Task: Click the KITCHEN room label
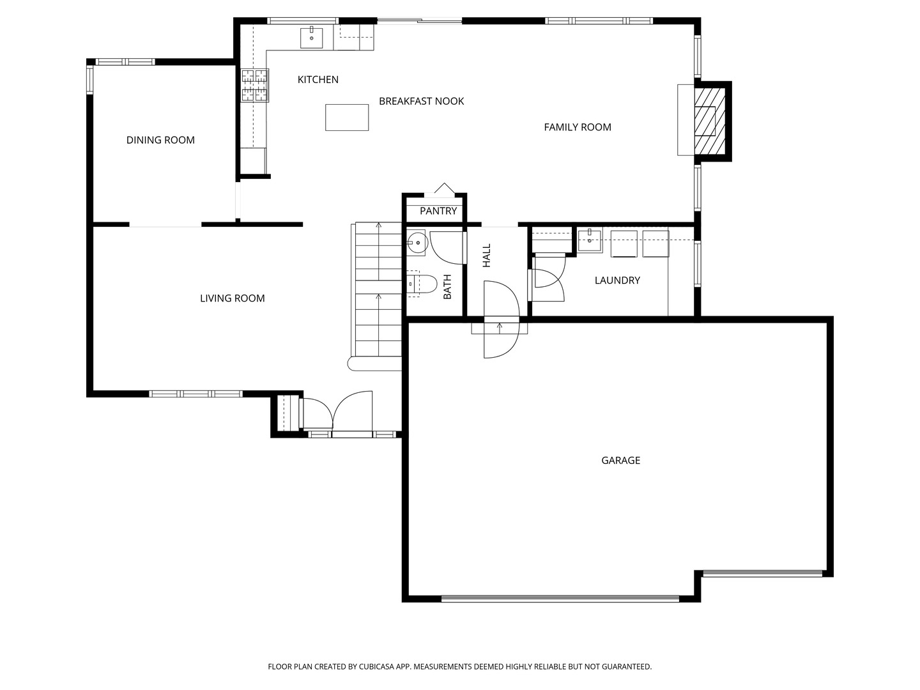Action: click(x=318, y=80)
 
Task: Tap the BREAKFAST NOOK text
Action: click(x=421, y=102)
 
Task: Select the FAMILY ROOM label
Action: click(x=578, y=127)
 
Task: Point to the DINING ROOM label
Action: click(x=160, y=141)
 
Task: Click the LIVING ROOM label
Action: click(x=232, y=298)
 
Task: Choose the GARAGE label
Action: click(x=621, y=461)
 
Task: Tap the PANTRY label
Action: click(x=438, y=211)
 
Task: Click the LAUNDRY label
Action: click(x=617, y=280)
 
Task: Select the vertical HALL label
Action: click(x=487, y=256)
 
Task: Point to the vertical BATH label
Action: click(x=448, y=287)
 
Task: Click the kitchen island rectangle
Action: click(x=347, y=118)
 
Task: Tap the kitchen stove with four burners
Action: click(x=254, y=86)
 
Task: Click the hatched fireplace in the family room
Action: click(x=710, y=121)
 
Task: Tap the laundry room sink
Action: click(x=590, y=241)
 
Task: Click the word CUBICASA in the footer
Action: click(x=377, y=666)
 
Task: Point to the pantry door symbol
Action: click(x=444, y=189)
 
